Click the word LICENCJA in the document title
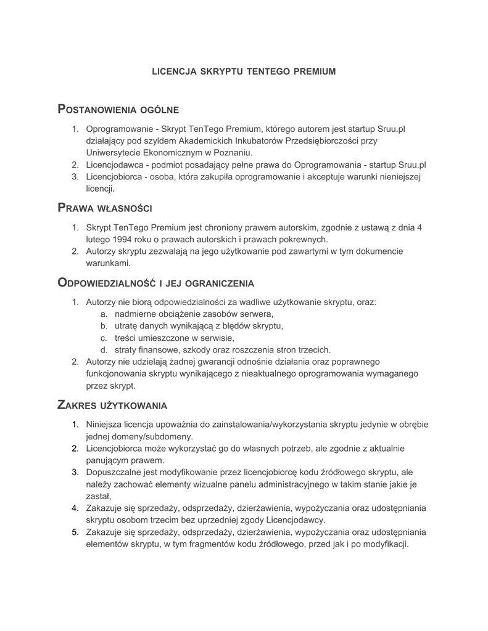click(173, 71)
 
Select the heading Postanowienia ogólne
click(118, 110)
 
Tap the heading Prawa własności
click(105, 208)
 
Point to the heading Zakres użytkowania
click(112, 405)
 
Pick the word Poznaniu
click(233, 152)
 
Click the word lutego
click(97, 239)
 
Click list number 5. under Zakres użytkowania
click(75, 532)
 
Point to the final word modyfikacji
click(388, 544)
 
